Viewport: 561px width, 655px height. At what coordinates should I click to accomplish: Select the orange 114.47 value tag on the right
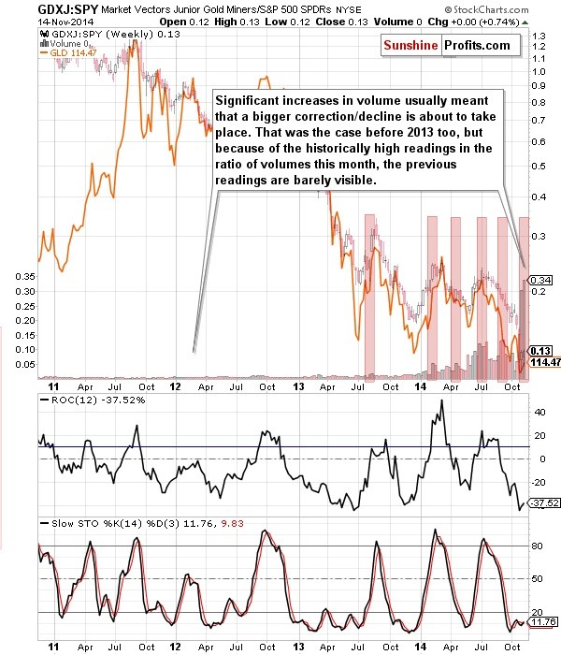click(x=541, y=361)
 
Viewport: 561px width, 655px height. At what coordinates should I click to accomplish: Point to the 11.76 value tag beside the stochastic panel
click(x=541, y=621)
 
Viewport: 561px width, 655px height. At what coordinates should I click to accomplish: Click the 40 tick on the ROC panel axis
click(x=538, y=412)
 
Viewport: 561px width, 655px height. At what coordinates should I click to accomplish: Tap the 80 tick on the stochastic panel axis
click(x=538, y=545)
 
